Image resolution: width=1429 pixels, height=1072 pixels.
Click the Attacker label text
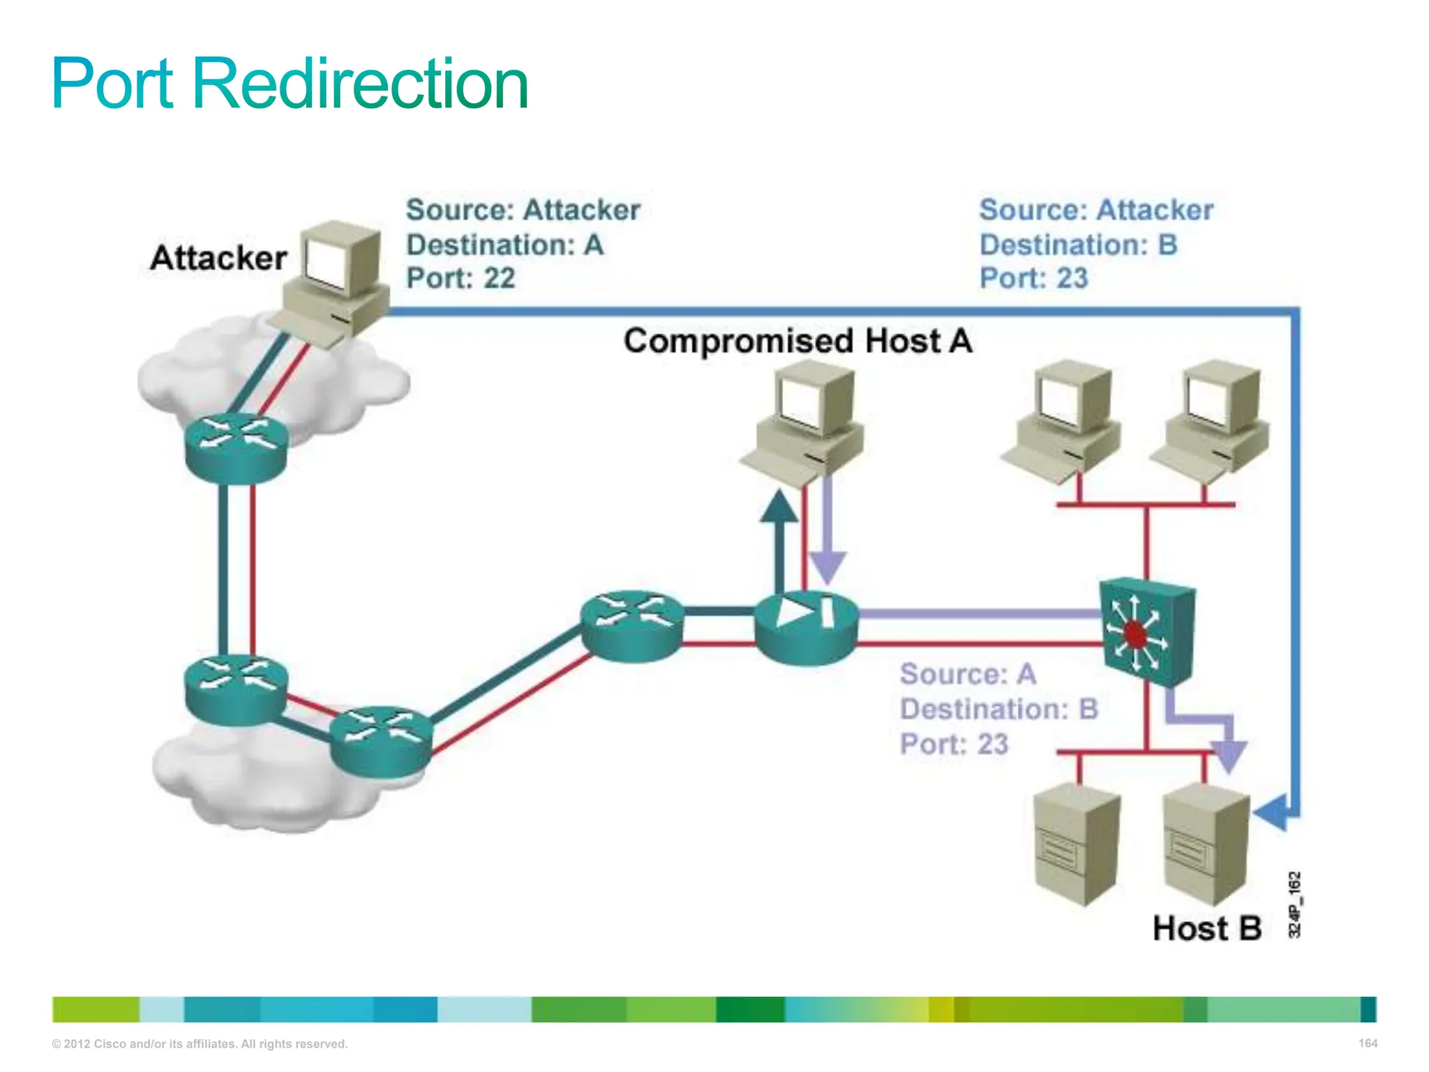tap(218, 258)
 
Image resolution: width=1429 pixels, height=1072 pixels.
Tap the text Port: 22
tap(461, 278)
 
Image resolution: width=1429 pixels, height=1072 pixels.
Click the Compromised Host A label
tap(798, 341)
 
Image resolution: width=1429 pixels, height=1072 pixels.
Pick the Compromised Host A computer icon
tap(806, 426)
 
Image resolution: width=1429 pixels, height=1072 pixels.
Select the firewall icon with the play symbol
tap(806, 626)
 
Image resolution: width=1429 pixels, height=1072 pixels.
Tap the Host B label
tap(1207, 929)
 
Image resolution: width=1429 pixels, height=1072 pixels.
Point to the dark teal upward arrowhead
tap(779, 507)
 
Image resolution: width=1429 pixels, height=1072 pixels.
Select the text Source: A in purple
tap(968, 674)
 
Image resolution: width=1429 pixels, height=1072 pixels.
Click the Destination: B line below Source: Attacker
tap(1078, 245)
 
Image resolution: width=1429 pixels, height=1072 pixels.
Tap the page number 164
tap(1368, 1043)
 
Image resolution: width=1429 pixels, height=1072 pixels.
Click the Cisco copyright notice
tap(200, 1044)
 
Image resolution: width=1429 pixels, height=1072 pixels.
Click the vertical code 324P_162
tap(1294, 904)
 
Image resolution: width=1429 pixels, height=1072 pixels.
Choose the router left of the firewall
tap(631, 625)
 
